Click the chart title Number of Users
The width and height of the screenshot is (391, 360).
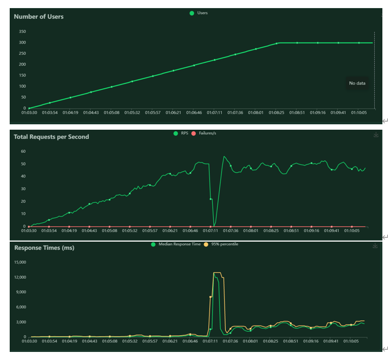click(x=39, y=17)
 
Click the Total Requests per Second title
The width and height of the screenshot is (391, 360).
click(x=51, y=137)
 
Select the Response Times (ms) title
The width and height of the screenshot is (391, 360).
click(x=44, y=248)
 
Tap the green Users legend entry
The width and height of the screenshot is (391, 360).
click(x=199, y=13)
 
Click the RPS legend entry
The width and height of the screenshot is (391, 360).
click(x=182, y=132)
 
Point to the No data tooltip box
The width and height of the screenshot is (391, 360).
click(x=357, y=83)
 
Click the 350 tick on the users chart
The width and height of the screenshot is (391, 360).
click(x=22, y=32)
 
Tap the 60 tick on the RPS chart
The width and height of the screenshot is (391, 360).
click(x=23, y=151)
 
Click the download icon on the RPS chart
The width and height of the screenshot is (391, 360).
click(x=376, y=135)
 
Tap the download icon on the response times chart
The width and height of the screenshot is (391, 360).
click(x=376, y=246)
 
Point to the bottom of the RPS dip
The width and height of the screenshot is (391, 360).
click(x=214, y=225)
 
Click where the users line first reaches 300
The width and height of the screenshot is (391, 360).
click(x=277, y=43)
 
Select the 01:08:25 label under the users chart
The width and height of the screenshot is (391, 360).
click(x=276, y=113)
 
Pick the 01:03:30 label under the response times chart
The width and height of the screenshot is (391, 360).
click(x=29, y=341)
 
